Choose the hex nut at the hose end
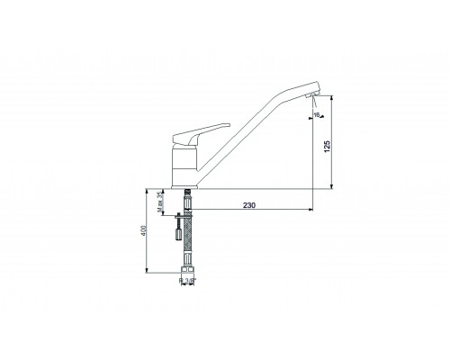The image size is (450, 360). (x=187, y=267)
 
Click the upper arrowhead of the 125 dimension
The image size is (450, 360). (x=329, y=96)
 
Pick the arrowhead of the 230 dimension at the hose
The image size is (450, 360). (x=191, y=212)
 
